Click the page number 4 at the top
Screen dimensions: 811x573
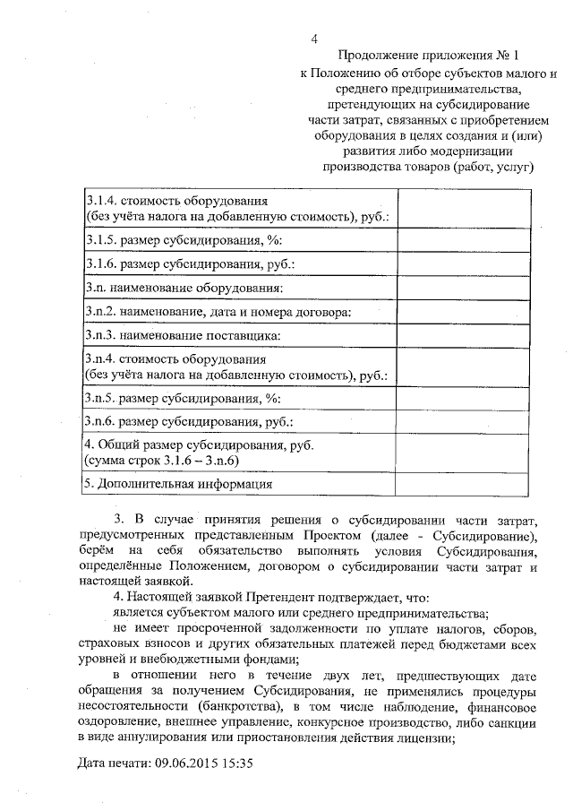[x=314, y=38]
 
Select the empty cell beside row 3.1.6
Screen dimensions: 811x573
[x=440, y=264]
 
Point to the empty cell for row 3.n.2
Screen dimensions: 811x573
[x=440, y=312]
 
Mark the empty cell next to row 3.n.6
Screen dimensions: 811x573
[x=440, y=419]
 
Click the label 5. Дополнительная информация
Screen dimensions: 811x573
[x=177, y=484]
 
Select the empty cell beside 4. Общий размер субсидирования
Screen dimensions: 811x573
[x=440, y=452]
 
